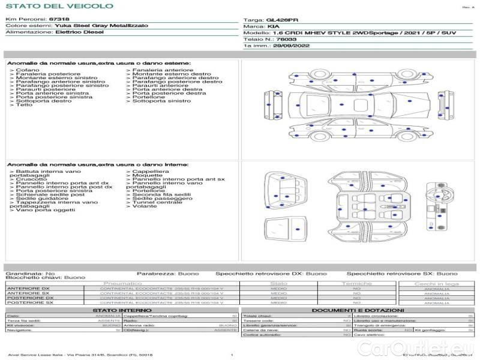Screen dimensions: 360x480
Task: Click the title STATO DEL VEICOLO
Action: (x=59, y=7)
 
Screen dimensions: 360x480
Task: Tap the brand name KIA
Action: (x=273, y=26)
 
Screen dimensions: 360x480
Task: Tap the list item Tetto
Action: (x=25, y=105)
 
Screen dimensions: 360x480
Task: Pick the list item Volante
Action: (x=145, y=206)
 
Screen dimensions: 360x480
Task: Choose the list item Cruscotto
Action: (x=32, y=179)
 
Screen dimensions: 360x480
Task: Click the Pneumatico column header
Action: (x=122, y=283)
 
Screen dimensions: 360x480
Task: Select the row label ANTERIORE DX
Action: (x=29, y=289)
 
